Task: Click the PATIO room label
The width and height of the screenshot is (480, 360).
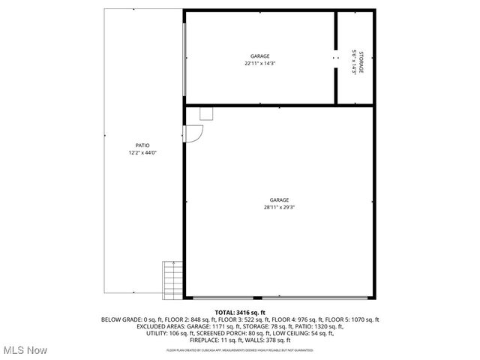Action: pyautogui.click(x=142, y=145)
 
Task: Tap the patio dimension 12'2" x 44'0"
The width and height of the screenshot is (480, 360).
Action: pyautogui.click(x=142, y=152)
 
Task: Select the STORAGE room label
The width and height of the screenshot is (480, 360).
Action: pyautogui.click(x=361, y=63)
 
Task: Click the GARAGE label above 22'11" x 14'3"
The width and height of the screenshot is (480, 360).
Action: pyautogui.click(x=260, y=56)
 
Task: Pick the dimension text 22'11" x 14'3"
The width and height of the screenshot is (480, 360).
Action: pyautogui.click(x=260, y=64)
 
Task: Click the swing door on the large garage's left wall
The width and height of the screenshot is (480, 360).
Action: pyautogui.click(x=193, y=133)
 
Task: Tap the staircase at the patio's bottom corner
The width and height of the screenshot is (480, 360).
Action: pyautogui.click(x=173, y=277)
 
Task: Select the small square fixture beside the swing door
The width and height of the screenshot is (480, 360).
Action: pyautogui.click(x=207, y=113)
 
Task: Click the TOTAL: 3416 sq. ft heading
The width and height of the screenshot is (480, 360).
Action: pyautogui.click(x=240, y=312)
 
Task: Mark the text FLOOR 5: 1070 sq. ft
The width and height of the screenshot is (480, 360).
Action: pyautogui.click(x=354, y=319)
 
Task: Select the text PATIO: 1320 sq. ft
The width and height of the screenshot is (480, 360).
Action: pyautogui.click(x=319, y=326)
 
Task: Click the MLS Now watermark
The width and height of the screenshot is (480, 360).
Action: pyautogui.click(x=25, y=350)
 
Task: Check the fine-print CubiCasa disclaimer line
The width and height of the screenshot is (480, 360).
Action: pyautogui.click(x=240, y=349)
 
